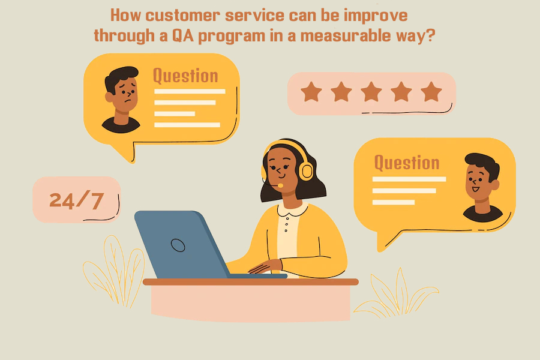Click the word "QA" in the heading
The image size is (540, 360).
pos(183,36)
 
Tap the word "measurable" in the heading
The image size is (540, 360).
pos(346,36)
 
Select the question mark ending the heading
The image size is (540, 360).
pos(431,35)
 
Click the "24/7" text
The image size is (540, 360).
pos(76,200)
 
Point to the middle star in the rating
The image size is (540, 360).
pos(371,92)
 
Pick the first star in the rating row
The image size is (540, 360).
pos(311,92)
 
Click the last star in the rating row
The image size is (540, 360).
pos(431,92)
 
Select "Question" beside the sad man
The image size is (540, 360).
pos(185,76)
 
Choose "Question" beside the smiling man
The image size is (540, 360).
pos(407,163)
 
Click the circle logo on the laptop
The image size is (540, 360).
pos(178,245)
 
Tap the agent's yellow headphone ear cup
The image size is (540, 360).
pos(306,171)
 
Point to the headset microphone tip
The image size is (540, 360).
pos(281,185)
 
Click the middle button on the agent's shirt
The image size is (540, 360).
pos(287,224)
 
